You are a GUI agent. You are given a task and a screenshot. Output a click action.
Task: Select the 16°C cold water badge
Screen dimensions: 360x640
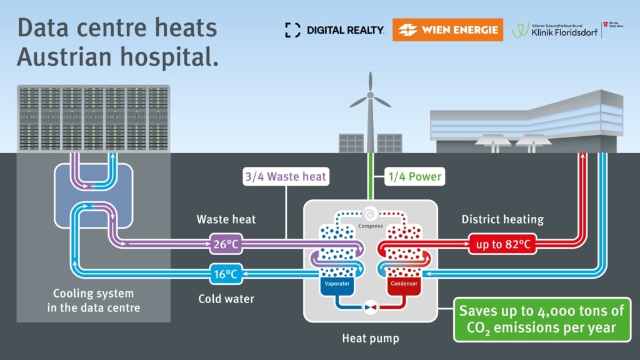(x=226, y=273)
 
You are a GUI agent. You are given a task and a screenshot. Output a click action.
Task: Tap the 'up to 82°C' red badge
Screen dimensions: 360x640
(x=503, y=244)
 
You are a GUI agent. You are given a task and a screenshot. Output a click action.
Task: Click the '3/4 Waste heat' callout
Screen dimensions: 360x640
(x=286, y=177)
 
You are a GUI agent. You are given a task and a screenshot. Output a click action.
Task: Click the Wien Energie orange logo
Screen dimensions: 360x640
(x=447, y=29)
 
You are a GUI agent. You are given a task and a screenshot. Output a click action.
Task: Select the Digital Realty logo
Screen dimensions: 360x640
(x=335, y=29)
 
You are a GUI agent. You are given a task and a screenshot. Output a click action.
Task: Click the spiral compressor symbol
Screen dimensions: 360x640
(x=370, y=214)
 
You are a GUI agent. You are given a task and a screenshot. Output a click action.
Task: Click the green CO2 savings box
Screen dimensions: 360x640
(x=541, y=319)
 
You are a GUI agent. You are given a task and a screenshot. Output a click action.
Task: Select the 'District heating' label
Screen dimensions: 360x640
(x=502, y=219)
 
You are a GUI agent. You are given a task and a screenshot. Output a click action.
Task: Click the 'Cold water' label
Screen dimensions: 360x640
(x=226, y=299)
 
